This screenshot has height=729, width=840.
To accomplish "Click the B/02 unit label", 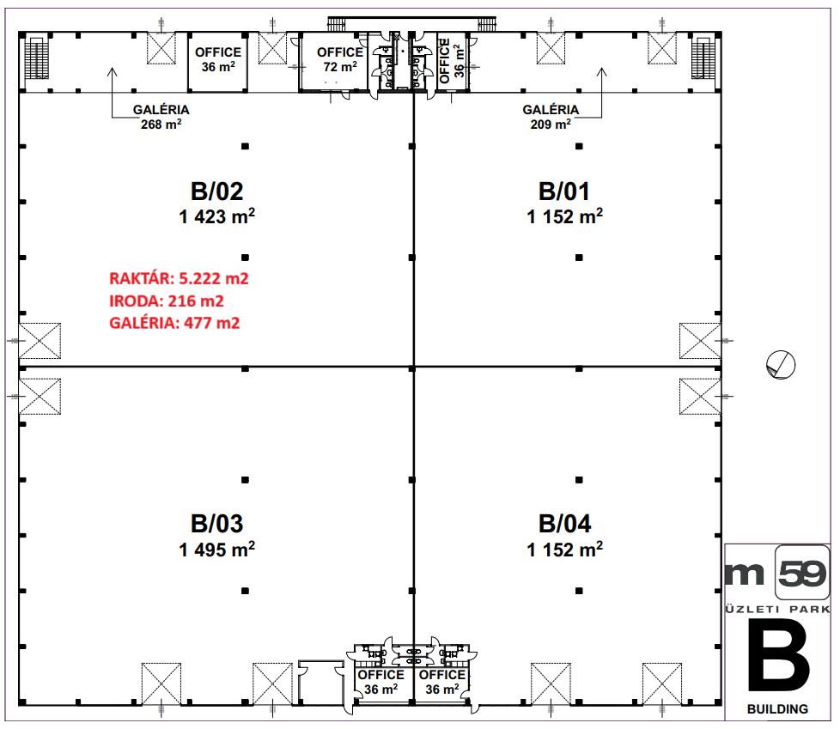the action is point(217,191).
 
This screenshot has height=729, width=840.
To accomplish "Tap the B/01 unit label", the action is point(564,191).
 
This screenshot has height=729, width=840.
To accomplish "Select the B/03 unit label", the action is point(217,524).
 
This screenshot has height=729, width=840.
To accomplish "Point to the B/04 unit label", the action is point(564,524).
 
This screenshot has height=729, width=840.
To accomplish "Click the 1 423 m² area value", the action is point(217,216).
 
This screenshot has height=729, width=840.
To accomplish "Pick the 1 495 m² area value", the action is point(217,550).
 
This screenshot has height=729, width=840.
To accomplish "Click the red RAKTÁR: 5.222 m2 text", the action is point(179,278).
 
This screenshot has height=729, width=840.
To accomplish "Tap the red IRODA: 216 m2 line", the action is point(166,301).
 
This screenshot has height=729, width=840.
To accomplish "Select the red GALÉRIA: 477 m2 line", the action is point(174,323).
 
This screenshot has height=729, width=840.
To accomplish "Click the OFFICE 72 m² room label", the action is point(340,59).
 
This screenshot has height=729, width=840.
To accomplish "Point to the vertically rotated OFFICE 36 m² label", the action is point(452,61).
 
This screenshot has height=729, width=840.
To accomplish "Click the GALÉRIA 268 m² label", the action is point(161,117).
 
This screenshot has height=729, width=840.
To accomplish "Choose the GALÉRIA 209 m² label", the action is point(551,117).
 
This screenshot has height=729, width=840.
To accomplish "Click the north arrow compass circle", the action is point(781,365).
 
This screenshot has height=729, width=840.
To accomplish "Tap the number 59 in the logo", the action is point(802,574).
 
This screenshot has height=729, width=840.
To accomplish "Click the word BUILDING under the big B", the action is point(777,709).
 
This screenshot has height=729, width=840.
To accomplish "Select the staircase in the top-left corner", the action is point(37,58).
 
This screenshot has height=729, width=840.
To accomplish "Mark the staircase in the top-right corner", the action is point(703,58).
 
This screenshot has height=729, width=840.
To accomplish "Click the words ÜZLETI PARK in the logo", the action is point(777,609).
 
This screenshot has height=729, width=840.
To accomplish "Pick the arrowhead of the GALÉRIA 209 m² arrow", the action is point(601,71).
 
